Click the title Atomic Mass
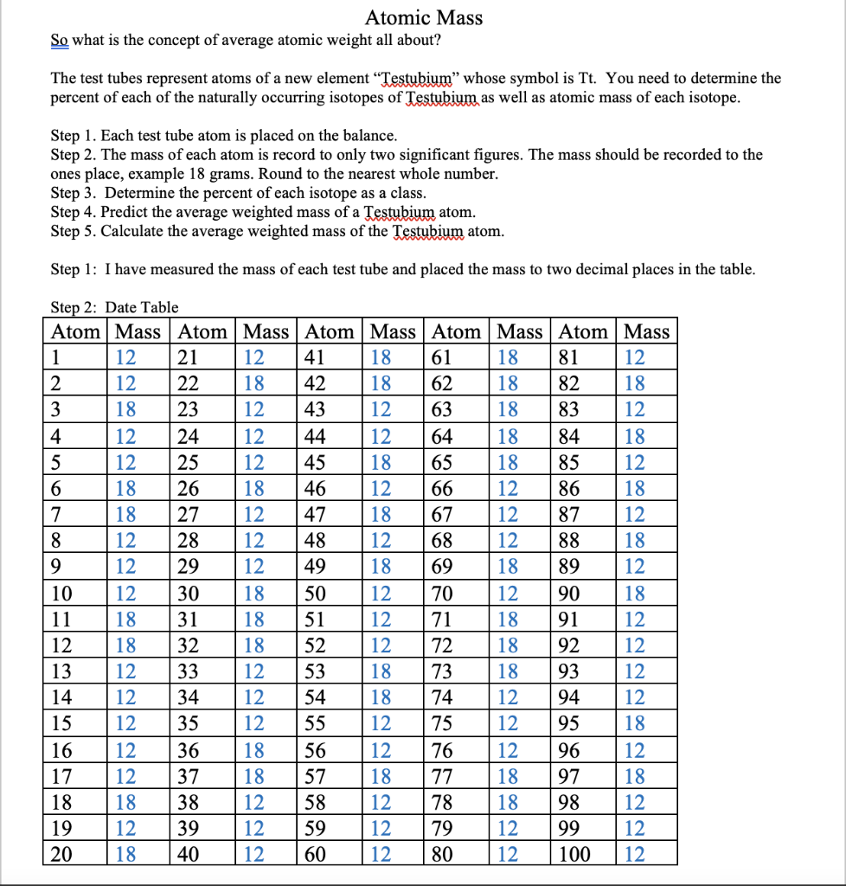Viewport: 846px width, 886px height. pos(423,17)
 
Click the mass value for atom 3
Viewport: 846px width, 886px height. pos(126,410)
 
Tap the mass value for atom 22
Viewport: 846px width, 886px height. pos(253,383)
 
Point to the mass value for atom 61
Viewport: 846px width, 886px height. pos(508,357)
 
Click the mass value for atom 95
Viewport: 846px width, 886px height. pos(634,723)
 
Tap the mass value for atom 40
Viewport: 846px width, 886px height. pos(253,856)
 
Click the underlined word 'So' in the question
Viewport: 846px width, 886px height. pos(59,41)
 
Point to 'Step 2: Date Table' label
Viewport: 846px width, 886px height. pos(114,307)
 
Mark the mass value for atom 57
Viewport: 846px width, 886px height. pos(381,776)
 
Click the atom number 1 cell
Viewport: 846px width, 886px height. pos(57,357)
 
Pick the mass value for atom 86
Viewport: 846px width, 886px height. pos(634,489)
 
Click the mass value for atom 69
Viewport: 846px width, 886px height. pos(508,568)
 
